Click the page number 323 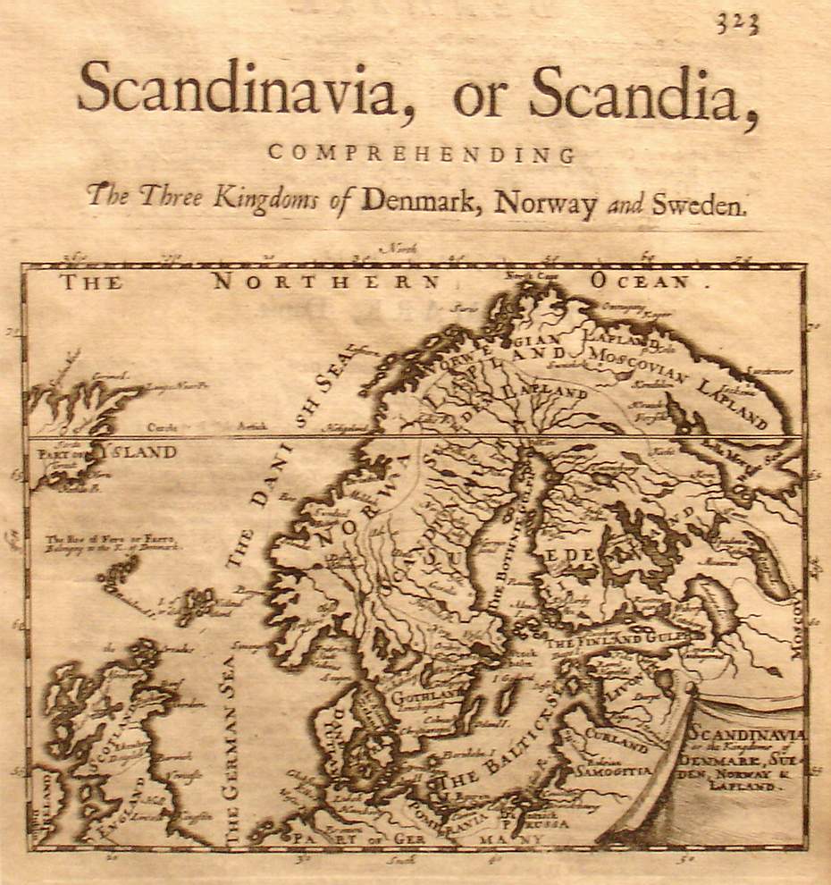[736, 24]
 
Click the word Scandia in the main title [637, 92]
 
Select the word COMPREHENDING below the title [421, 154]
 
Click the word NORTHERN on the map [327, 282]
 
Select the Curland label [616, 741]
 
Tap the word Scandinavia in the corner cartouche [746, 734]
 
